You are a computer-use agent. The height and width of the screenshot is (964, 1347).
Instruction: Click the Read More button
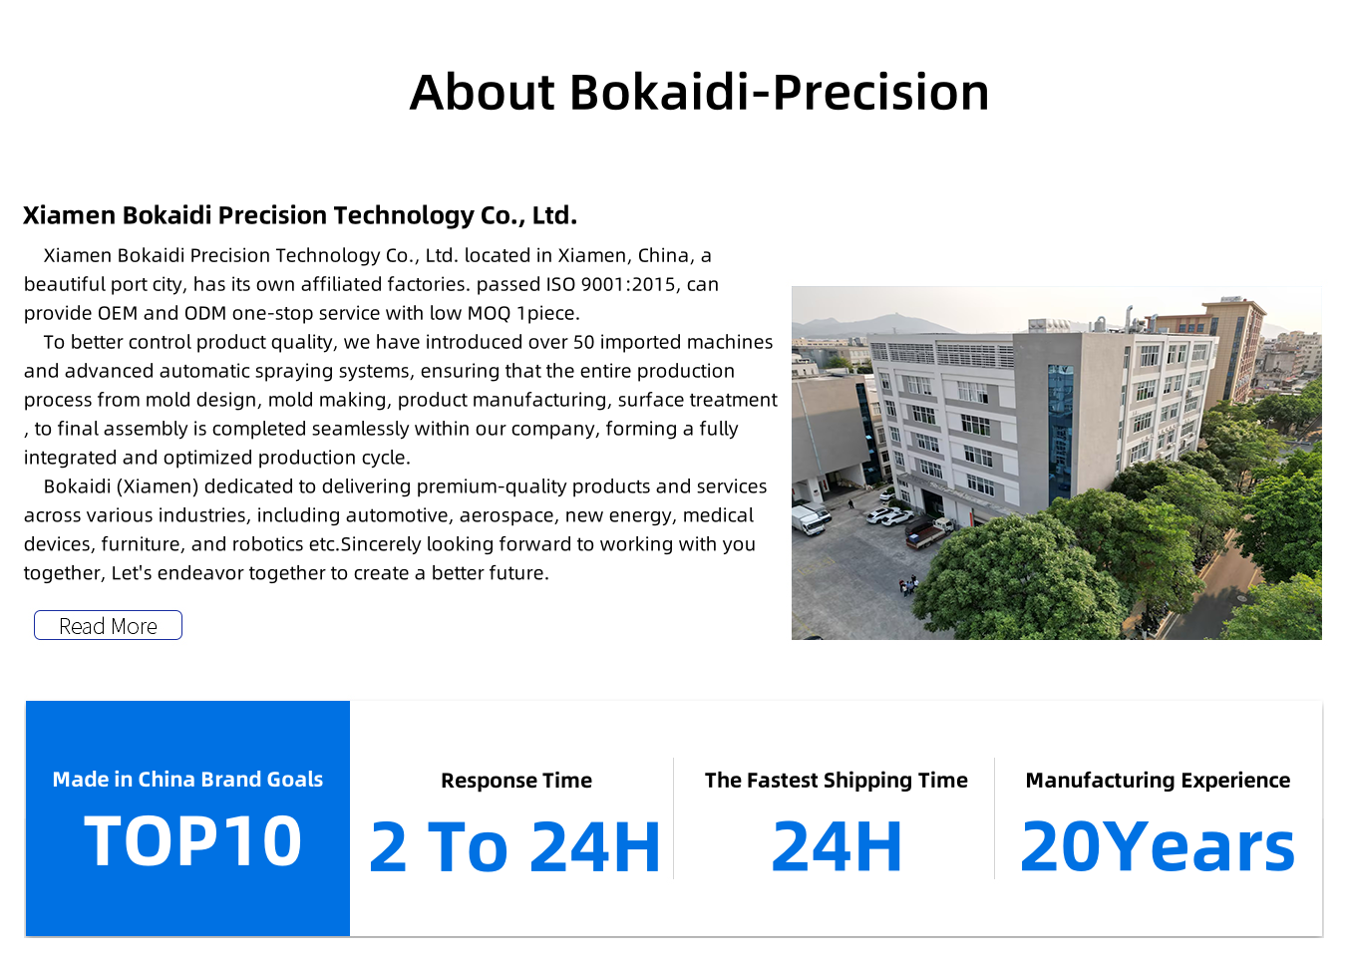[x=108, y=625]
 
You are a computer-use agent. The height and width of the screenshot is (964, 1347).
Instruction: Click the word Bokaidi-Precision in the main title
[x=779, y=93]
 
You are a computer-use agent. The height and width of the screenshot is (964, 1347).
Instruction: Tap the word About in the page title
[x=482, y=93]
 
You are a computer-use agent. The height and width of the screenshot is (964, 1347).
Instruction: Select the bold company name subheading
[x=300, y=215]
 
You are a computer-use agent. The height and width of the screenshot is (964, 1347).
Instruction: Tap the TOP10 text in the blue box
[x=192, y=840]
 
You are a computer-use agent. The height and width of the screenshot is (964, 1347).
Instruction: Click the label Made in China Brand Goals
[x=187, y=779]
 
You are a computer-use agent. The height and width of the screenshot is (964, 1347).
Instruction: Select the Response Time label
[x=516, y=780]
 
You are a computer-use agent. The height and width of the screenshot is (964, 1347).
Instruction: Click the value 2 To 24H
[x=514, y=846]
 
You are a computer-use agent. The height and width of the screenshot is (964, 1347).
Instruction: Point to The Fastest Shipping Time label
[x=837, y=780]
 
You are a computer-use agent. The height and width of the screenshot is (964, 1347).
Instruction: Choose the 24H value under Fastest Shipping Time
[x=837, y=846]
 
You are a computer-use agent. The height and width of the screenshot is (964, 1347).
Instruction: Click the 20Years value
[x=1158, y=846]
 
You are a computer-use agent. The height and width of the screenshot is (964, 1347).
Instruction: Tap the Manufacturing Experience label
[x=1158, y=780]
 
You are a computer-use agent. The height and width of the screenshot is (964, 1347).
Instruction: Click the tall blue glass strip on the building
[x=1060, y=433]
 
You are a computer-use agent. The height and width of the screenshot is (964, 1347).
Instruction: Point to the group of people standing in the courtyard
[x=908, y=584]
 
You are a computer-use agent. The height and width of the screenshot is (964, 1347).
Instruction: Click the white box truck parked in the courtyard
[x=810, y=520]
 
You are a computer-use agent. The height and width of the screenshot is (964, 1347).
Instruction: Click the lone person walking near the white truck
[x=850, y=504]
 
